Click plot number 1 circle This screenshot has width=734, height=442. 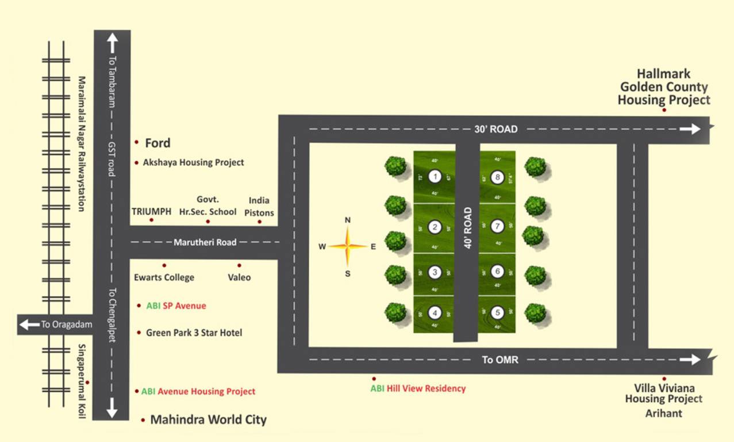point(435,177)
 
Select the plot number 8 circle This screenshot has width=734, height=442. point(498,177)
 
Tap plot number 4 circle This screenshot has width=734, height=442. point(435,313)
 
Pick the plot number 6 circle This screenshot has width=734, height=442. point(498,272)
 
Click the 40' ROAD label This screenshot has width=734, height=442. point(467,228)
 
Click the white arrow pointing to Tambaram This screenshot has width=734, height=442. point(112,44)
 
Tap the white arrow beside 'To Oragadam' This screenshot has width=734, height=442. point(29,325)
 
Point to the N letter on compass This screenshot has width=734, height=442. point(347,220)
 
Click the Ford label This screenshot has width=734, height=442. point(157,143)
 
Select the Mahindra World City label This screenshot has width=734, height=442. point(208,420)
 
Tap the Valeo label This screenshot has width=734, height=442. point(239,277)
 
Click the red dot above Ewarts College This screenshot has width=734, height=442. point(164,265)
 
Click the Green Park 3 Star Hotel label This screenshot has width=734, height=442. point(194,333)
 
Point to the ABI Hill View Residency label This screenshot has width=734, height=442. point(418,388)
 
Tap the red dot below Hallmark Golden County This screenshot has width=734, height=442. point(664,109)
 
